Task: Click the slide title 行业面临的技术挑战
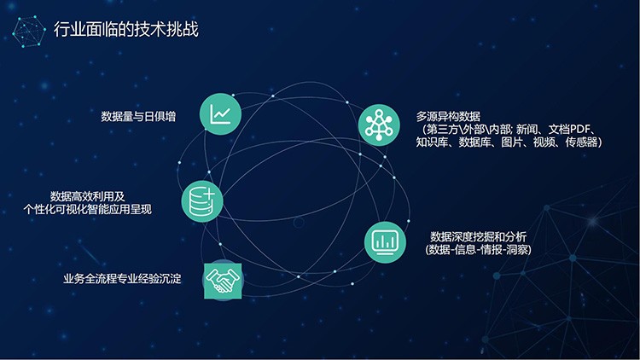(126, 29)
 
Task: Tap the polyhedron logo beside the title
(28, 32)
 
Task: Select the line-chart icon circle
(220, 113)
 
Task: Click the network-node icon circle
(379, 125)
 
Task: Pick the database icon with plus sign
(202, 201)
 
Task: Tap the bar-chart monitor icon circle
(385, 242)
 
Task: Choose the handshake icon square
(223, 281)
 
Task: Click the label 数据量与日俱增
(138, 116)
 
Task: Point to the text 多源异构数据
(448, 116)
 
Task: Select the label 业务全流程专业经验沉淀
(122, 279)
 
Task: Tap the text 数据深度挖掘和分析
(479, 237)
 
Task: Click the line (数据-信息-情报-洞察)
(479, 250)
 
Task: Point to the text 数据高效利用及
(88, 196)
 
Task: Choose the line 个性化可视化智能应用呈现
(88, 209)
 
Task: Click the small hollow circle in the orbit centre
(299, 223)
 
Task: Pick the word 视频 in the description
(544, 142)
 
